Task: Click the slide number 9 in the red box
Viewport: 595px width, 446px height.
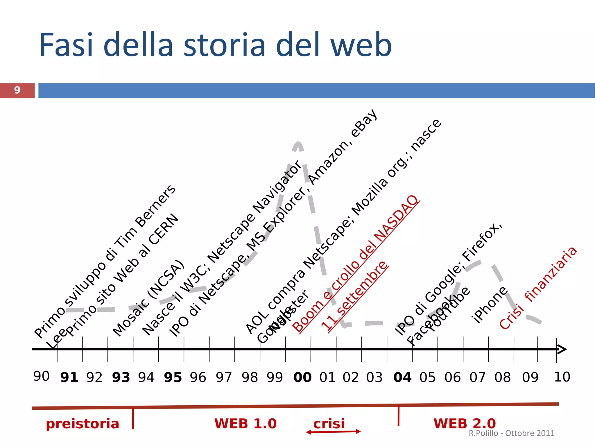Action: point(17,90)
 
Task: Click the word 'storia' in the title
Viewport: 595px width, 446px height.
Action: point(224,45)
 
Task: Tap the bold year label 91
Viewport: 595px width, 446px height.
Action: point(69,377)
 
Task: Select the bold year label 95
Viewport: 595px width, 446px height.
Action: point(173,377)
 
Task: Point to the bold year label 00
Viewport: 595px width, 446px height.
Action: point(302,377)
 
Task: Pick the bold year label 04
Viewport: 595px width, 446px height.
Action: point(402,377)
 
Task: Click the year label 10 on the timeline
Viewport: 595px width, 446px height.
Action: point(562,377)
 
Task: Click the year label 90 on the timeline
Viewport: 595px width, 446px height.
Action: point(42,376)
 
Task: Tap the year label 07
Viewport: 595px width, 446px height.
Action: point(478,377)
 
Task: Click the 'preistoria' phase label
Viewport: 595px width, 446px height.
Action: point(83,424)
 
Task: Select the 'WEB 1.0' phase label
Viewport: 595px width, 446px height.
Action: point(245,423)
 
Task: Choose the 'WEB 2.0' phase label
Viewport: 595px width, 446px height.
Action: point(465,423)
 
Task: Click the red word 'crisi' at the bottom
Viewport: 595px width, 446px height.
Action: point(329,423)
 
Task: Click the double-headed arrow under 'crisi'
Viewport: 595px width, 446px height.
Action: point(333,432)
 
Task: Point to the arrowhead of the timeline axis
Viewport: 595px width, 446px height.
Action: point(562,349)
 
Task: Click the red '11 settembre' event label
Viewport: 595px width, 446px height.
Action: point(354,296)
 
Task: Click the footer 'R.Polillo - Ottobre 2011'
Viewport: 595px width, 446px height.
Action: point(511,433)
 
